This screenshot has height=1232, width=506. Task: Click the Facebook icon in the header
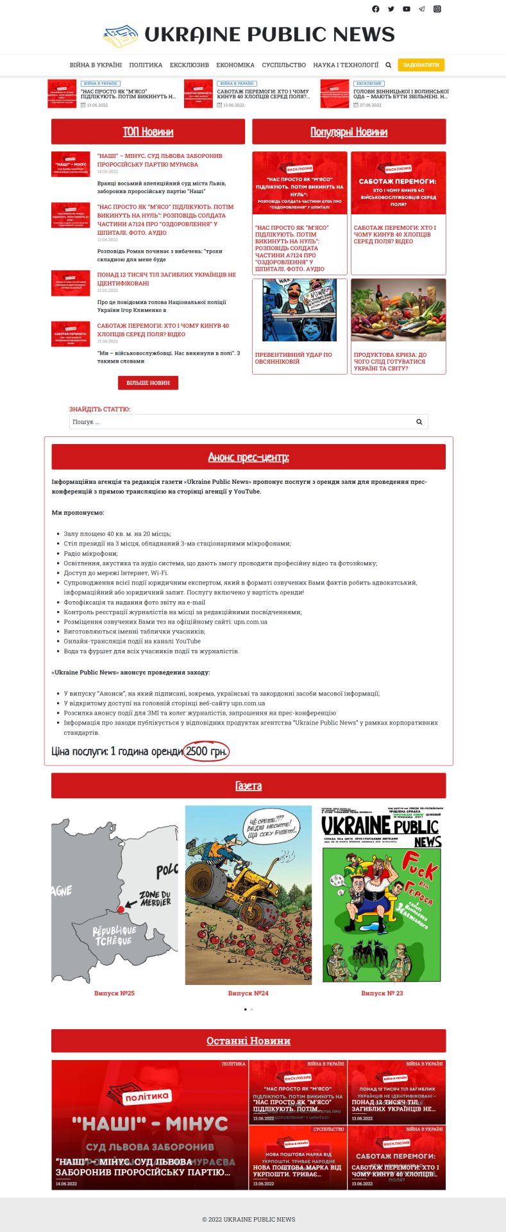(x=376, y=9)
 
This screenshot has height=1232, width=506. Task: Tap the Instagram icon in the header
(x=437, y=9)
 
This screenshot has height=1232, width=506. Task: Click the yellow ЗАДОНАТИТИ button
(x=421, y=65)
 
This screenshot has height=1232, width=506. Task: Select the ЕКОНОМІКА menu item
(x=235, y=65)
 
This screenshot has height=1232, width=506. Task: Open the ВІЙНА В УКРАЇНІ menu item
(x=96, y=65)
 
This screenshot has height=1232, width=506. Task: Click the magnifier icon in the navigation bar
(x=388, y=65)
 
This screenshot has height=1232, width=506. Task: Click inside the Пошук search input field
(x=240, y=422)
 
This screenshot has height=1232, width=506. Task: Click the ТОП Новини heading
(x=148, y=132)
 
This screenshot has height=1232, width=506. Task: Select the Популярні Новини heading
(x=349, y=132)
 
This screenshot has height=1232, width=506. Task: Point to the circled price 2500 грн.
(x=206, y=751)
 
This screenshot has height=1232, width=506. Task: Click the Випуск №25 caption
(x=114, y=993)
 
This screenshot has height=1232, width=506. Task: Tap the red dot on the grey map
(x=121, y=909)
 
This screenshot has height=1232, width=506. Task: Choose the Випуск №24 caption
(x=248, y=993)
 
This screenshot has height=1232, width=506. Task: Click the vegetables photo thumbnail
(x=398, y=310)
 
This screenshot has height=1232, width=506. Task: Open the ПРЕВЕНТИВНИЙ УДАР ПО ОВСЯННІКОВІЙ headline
(x=294, y=358)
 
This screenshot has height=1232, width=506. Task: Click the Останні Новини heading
(x=248, y=1041)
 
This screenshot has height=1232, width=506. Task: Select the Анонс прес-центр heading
(x=248, y=457)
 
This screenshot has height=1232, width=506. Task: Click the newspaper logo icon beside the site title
(x=121, y=35)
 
